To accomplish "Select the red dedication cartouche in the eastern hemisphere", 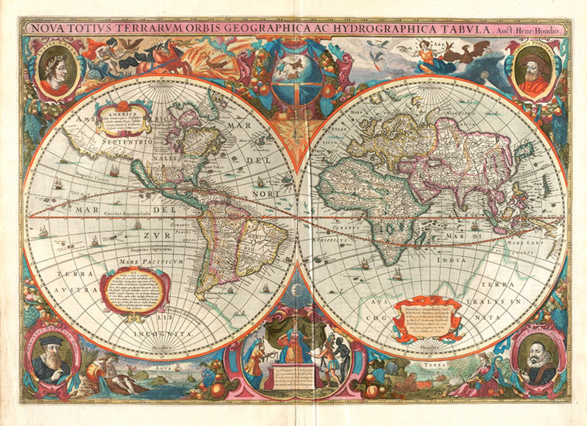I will [x=427, y=318].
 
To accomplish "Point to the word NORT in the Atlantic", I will [x=266, y=193].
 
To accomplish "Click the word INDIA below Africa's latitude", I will [x=451, y=260].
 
